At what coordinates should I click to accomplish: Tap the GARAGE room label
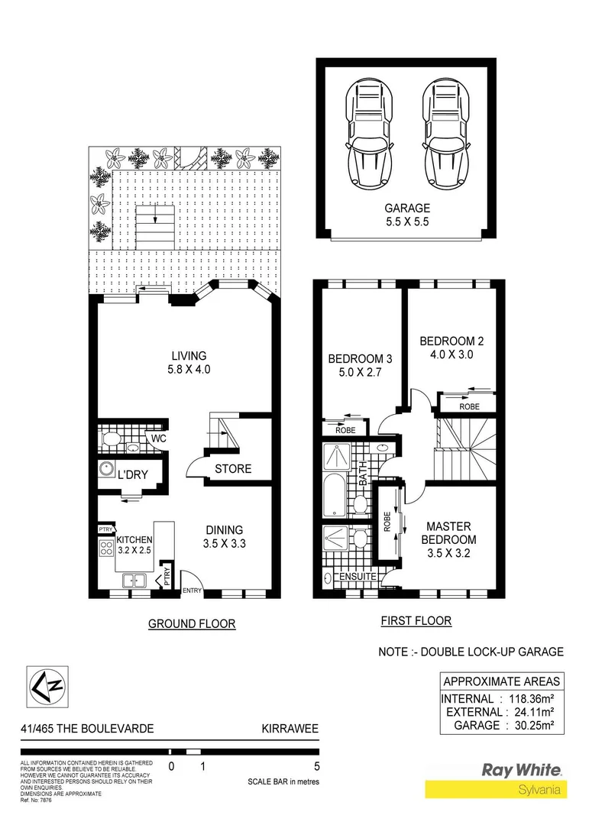(407, 208)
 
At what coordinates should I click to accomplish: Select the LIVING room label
(189, 356)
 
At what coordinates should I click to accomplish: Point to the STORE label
(232, 468)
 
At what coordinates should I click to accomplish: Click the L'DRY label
(132, 475)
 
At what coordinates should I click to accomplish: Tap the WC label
(158, 439)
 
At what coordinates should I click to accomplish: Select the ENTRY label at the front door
(192, 590)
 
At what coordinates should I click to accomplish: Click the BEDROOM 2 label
(451, 341)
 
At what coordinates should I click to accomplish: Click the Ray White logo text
(522, 770)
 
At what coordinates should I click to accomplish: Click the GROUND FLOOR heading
(192, 624)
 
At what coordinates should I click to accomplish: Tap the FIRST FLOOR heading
(416, 621)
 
